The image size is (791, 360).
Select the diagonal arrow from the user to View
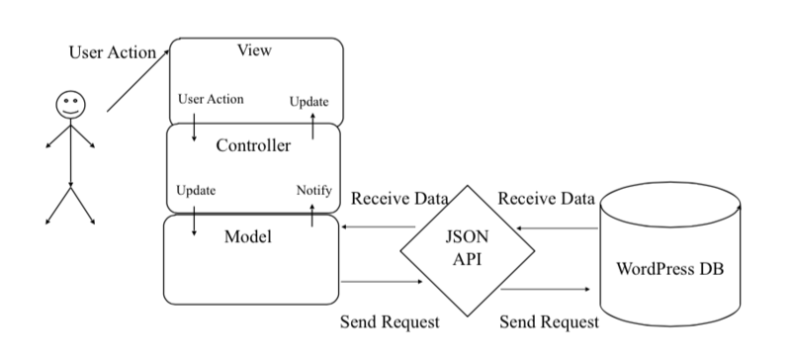click(137, 82)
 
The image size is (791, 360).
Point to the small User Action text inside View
click(211, 100)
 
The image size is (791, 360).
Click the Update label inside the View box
click(308, 102)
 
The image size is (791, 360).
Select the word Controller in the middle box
click(253, 146)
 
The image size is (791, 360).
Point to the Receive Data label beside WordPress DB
click(546, 199)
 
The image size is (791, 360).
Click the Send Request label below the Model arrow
click(389, 322)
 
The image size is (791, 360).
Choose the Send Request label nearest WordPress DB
click(549, 322)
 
